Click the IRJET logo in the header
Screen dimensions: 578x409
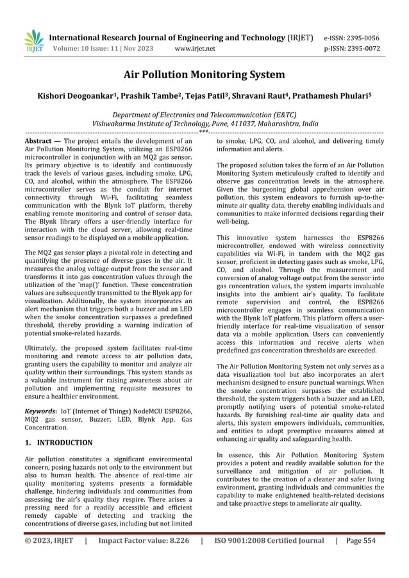click(33, 40)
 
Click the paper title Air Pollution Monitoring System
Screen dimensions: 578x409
click(204, 76)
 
